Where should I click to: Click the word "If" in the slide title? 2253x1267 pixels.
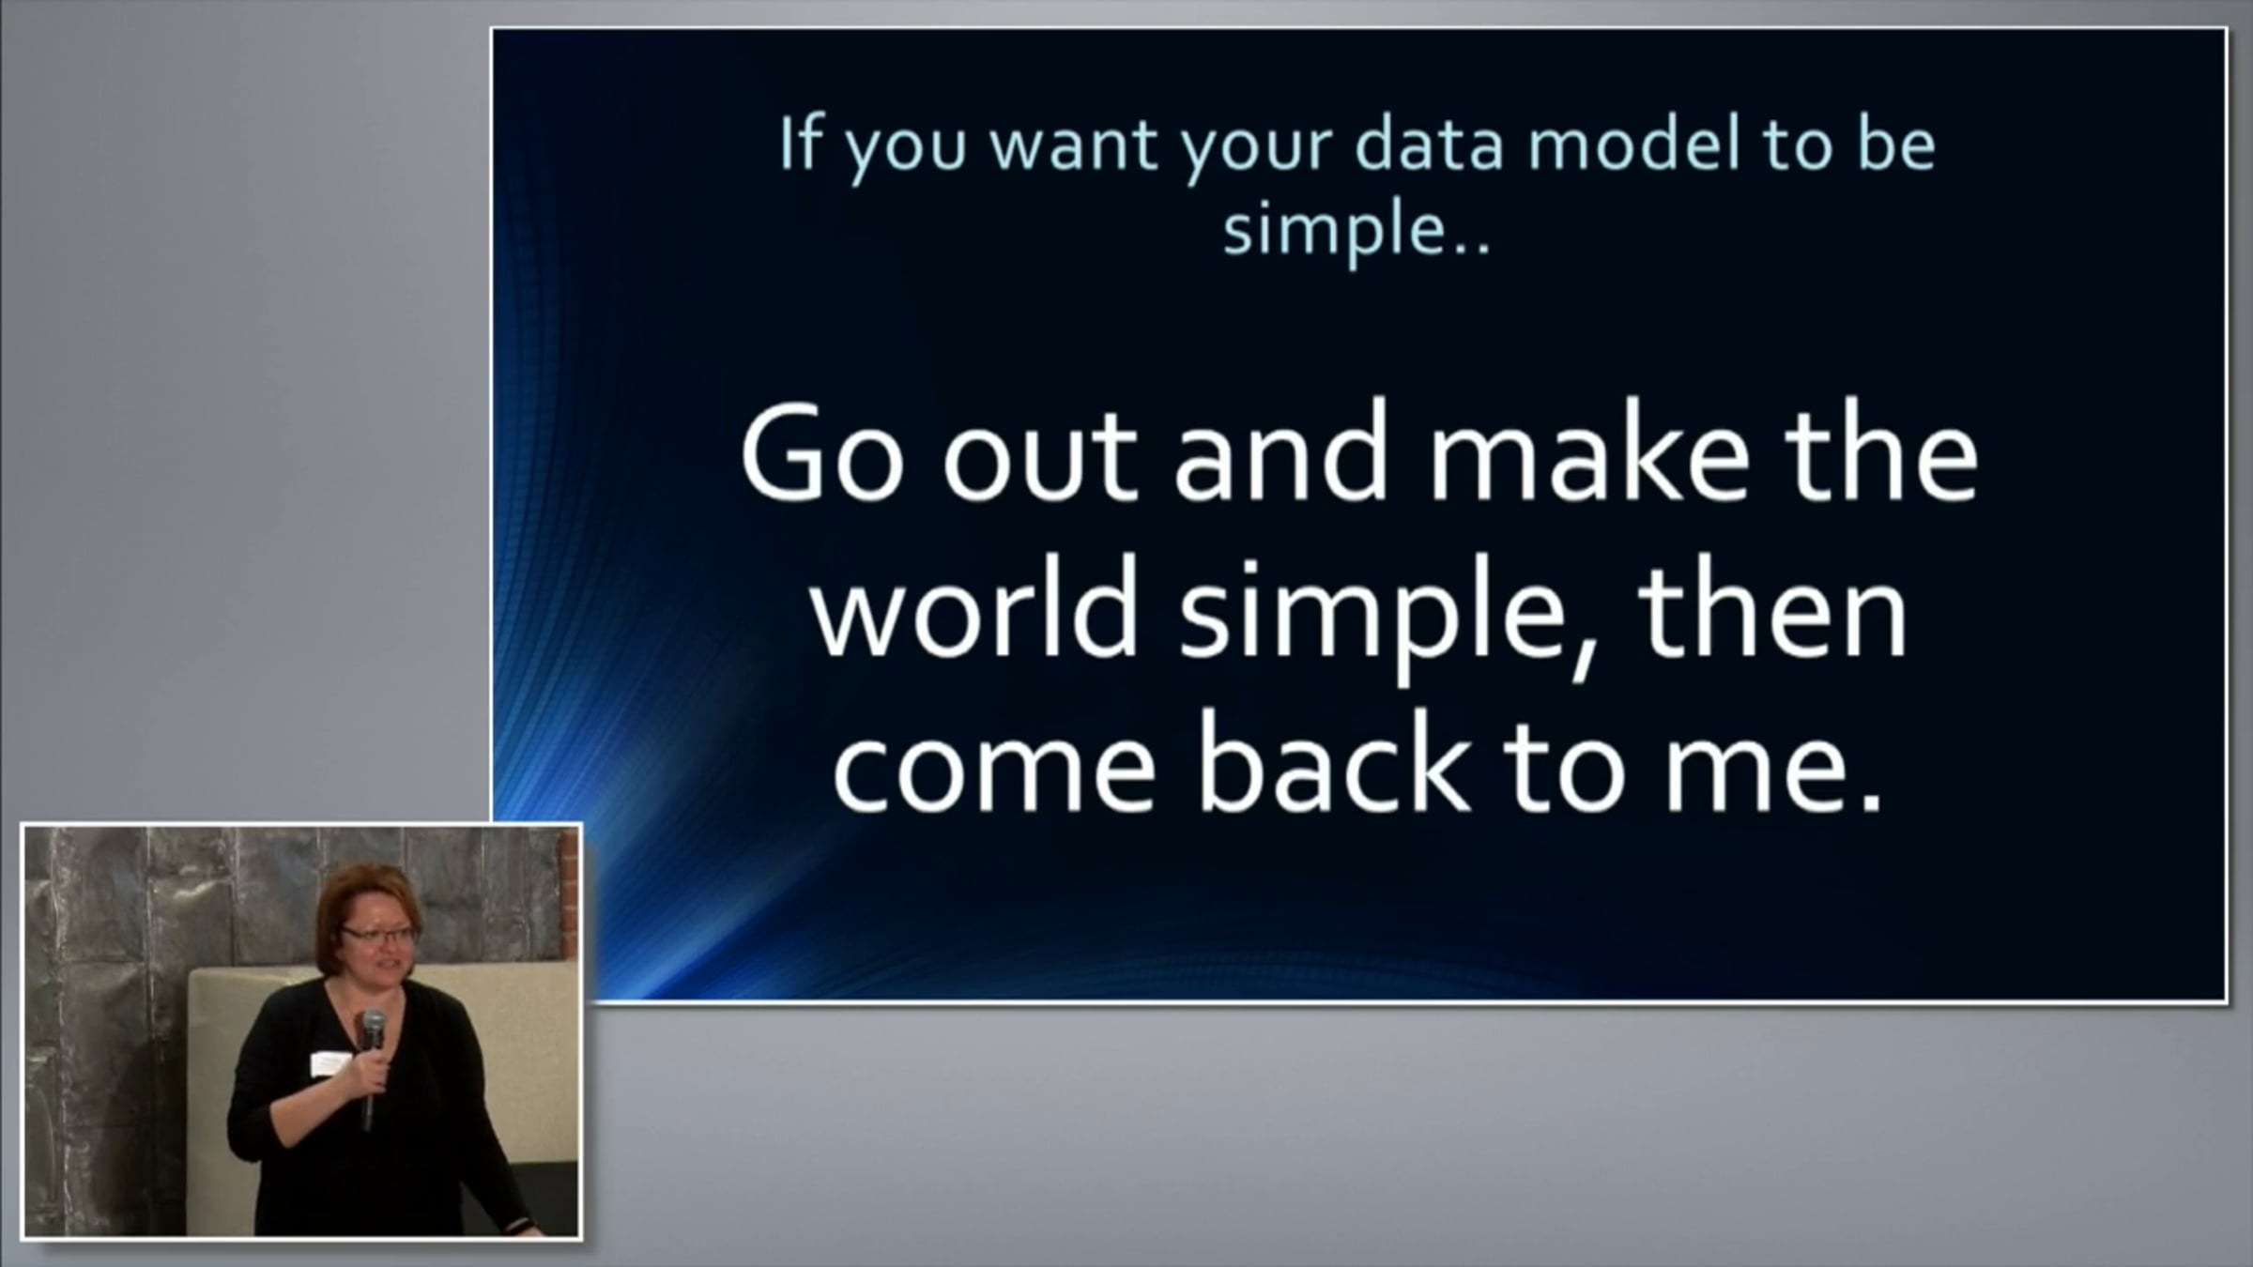799,145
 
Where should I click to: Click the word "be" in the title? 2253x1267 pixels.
1897,145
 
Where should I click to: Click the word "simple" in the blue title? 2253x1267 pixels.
1334,233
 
